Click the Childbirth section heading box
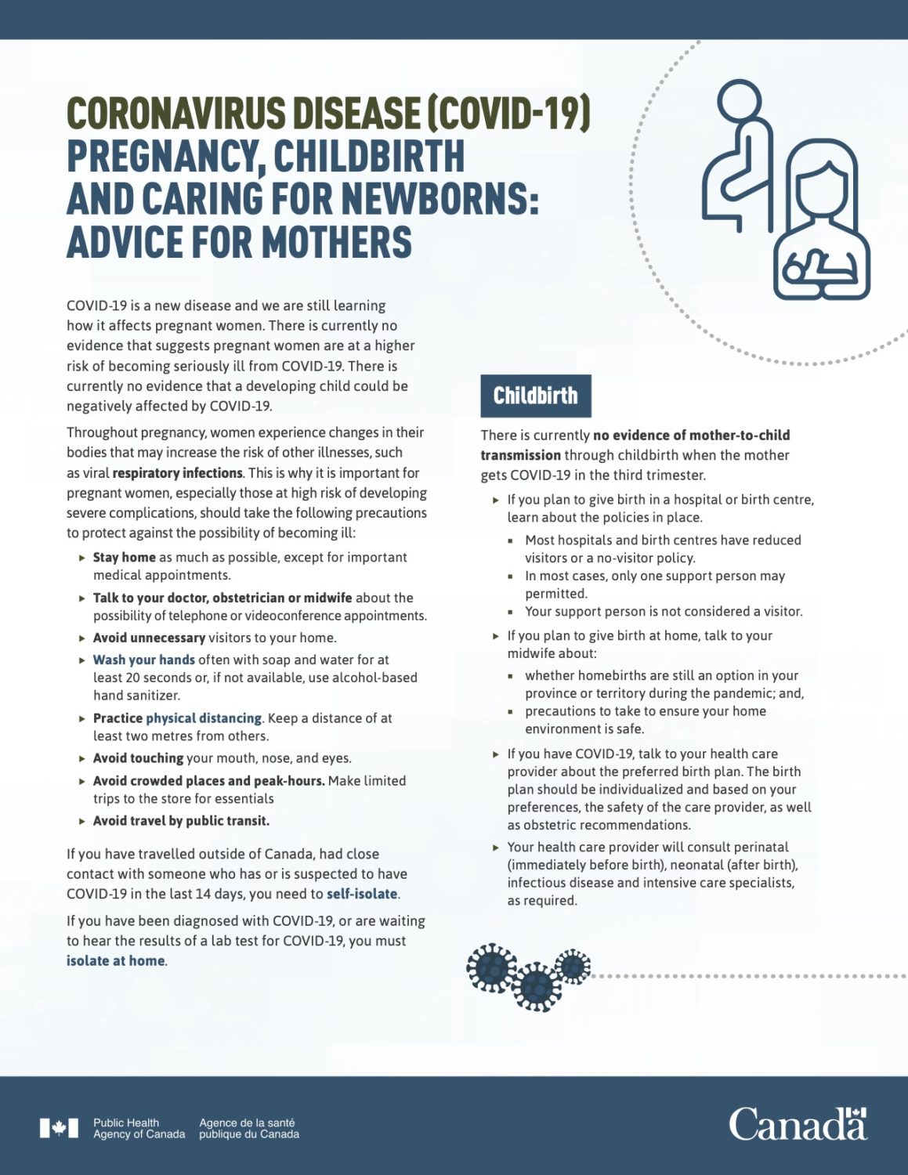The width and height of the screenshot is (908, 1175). click(535, 396)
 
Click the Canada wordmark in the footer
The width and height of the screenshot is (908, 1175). click(798, 1125)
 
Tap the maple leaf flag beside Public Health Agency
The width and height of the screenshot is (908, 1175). click(59, 1128)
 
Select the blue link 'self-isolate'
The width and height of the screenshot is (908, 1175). click(362, 894)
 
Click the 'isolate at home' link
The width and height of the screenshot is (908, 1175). click(116, 961)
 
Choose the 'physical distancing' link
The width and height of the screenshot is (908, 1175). click(204, 718)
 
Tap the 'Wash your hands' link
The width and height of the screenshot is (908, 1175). click(143, 660)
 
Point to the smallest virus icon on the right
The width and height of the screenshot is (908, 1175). click(573, 966)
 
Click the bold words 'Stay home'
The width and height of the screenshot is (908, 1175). click(124, 557)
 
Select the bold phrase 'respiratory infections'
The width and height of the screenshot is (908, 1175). click(178, 473)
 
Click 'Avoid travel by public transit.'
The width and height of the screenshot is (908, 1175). click(181, 821)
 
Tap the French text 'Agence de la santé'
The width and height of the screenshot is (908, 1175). click(247, 1123)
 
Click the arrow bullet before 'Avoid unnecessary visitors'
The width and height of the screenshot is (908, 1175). click(82, 638)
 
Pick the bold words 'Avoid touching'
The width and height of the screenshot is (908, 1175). click(138, 758)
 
